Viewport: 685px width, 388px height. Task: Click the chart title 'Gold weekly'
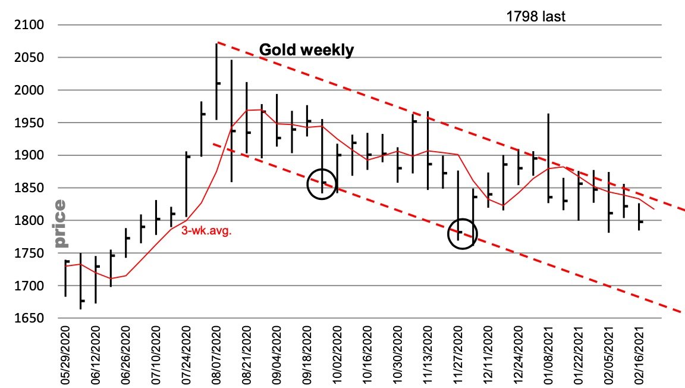[x=306, y=50]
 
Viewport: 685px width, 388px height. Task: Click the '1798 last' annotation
[x=536, y=17]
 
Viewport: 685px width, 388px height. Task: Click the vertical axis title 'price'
[x=60, y=224]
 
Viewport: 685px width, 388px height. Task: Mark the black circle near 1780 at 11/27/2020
[x=463, y=234]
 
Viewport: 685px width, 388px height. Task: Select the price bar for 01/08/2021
[x=548, y=158]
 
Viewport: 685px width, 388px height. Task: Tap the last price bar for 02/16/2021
[x=639, y=217]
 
